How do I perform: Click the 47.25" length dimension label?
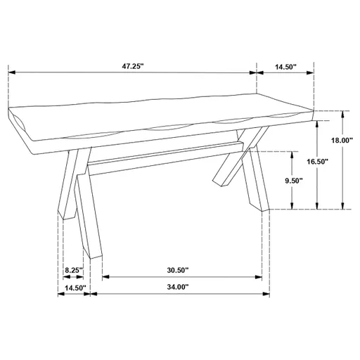[132, 66]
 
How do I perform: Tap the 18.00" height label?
[342, 140]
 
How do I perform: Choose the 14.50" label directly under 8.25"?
[75, 288]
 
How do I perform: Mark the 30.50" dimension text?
[177, 271]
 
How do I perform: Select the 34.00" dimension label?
[177, 288]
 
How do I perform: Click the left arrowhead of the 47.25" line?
[11, 72]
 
